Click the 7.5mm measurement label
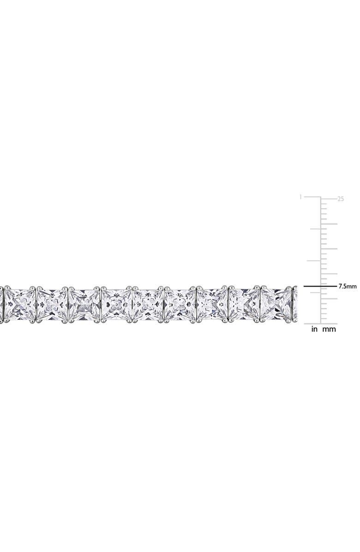pos(348,286)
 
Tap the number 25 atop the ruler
pos(341,199)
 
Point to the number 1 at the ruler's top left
pos(300,197)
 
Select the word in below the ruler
pos(314,330)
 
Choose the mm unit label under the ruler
pos(329,330)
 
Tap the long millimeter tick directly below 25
pos(329,224)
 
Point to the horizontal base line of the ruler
pos(321,324)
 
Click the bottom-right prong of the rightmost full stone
pos(290,320)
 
